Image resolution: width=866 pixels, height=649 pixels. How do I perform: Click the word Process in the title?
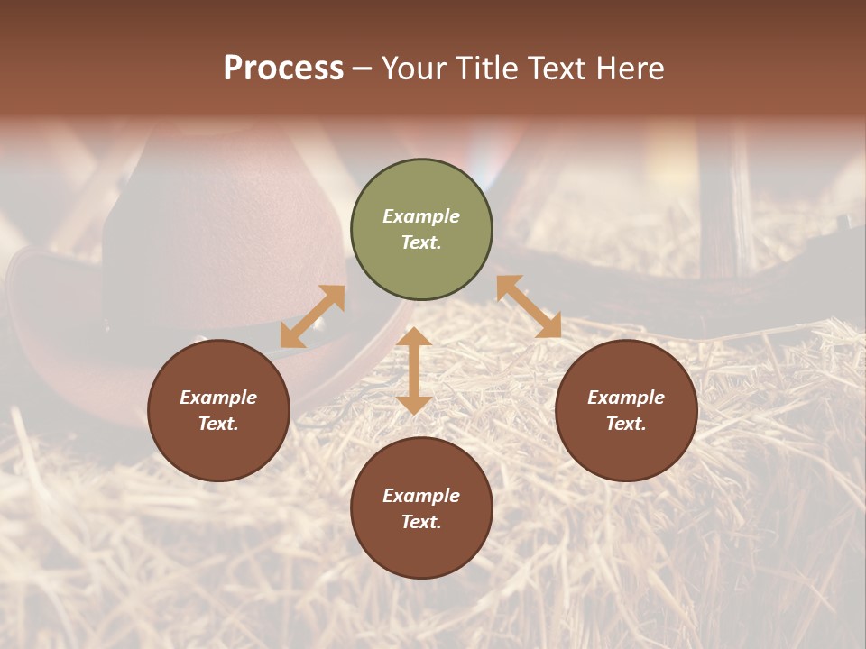point(283,69)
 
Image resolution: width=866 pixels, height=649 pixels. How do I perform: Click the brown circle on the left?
point(218,442)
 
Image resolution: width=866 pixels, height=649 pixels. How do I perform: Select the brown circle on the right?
point(626,442)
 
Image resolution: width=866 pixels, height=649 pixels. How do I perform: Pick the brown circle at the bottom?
point(421,541)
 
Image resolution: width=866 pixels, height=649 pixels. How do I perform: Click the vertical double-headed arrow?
point(414,370)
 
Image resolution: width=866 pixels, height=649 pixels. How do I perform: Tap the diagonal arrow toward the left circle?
point(312,316)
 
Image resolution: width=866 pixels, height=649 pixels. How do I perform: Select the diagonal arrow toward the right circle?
point(529,306)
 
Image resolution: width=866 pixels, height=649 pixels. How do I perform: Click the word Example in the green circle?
point(421,216)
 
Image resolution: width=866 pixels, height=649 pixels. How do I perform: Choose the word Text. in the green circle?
point(421,242)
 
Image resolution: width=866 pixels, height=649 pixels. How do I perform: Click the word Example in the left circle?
point(218,398)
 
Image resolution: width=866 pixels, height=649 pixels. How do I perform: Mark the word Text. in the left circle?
point(218,424)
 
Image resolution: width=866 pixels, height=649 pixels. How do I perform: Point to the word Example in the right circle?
point(626,398)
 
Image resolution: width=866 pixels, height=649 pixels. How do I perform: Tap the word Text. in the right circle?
point(626,424)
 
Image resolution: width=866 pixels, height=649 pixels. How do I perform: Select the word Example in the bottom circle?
point(421,496)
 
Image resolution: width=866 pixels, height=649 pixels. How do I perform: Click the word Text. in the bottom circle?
point(421,522)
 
